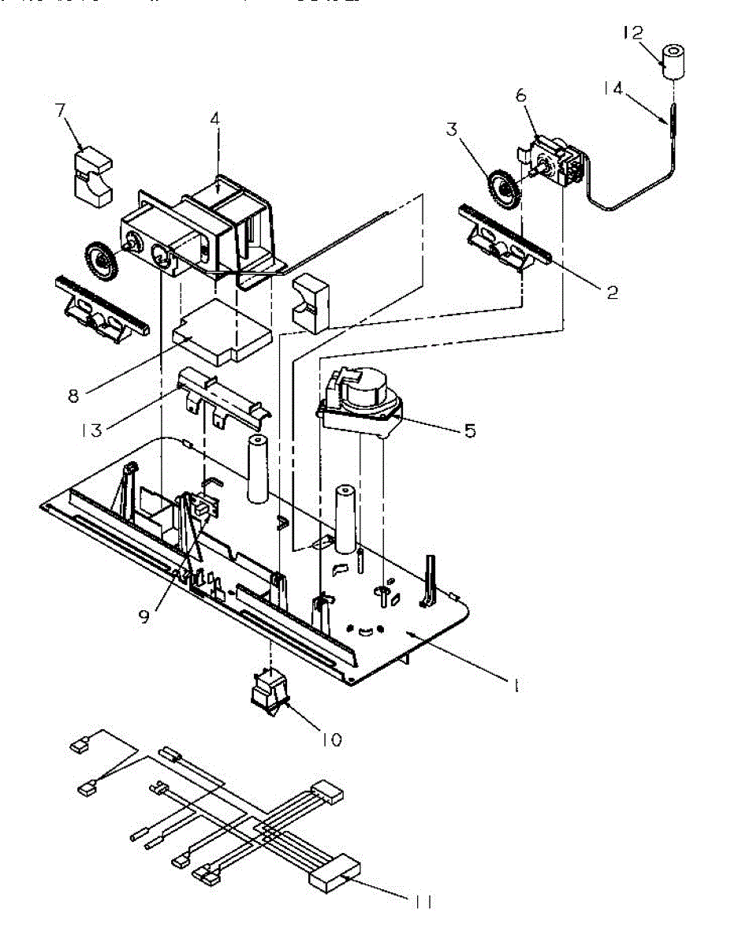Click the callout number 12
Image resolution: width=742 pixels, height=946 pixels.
(632, 32)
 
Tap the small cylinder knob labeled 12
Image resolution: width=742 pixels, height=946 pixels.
(673, 62)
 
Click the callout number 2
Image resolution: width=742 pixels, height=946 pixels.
(612, 292)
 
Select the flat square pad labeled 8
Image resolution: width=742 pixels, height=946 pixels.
(222, 332)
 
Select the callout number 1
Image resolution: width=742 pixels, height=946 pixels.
(515, 687)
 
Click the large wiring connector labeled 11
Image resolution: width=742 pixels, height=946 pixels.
(334, 873)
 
